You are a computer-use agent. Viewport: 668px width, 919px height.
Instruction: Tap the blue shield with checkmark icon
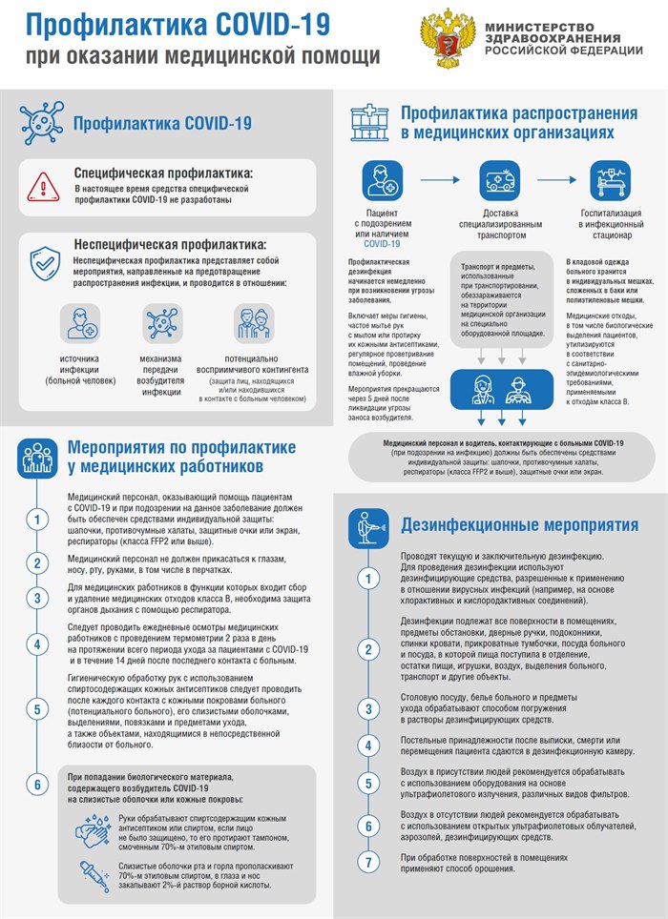click(44, 263)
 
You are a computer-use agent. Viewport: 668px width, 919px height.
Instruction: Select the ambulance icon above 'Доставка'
click(502, 179)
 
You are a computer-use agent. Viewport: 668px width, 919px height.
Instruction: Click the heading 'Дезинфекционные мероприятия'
click(519, 524)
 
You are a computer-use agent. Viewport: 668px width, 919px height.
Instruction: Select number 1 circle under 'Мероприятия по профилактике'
click(36, 520)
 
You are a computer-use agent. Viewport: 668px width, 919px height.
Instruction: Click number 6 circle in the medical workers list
click(36, 785)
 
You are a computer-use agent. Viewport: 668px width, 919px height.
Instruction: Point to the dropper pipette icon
click(93, 875)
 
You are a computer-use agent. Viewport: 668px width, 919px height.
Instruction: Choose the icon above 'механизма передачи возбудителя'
click(161, 325)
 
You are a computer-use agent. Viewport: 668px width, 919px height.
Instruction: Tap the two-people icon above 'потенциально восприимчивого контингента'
click(253, 325)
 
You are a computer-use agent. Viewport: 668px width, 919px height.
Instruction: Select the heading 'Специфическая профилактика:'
click(163, 174)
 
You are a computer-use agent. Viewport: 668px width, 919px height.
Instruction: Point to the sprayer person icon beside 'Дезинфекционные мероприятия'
click(367, 524)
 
